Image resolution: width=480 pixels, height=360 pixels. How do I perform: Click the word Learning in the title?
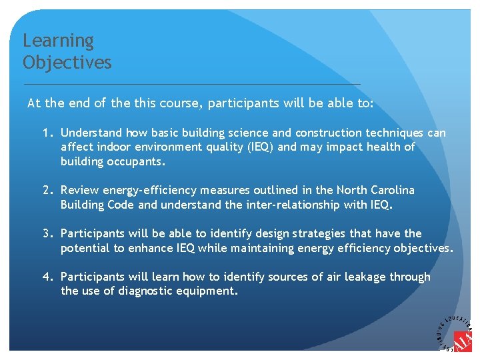click(58, 41)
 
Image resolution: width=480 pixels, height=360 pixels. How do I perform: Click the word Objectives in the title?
click(67, 63)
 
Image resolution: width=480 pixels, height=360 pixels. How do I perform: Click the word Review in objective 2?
click(80, 190)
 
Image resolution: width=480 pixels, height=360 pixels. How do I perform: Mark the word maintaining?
click(265, 248)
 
